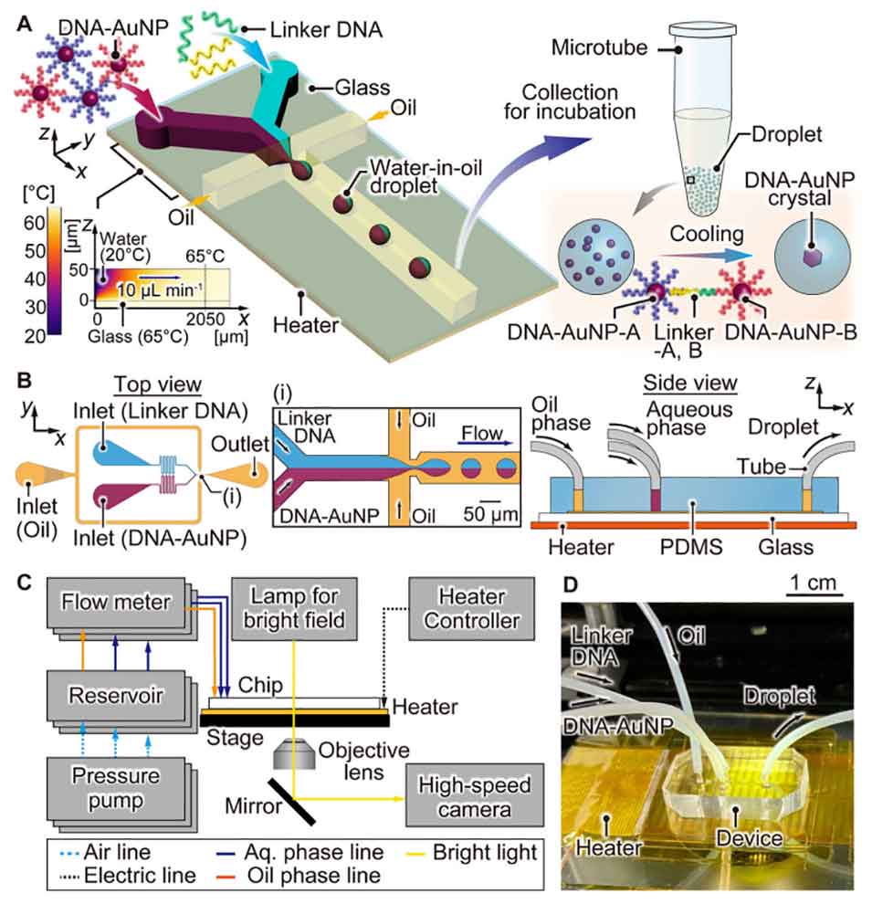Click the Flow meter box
[116, 603]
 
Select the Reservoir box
[116, 695]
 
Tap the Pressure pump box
[116, 788]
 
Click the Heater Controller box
[471, 609]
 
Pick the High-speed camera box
[474, 796]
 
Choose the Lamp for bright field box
[294, 609]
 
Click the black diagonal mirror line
[291, 802]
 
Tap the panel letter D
[570, 584]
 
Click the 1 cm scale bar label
[814, 583]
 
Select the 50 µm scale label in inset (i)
[490, 514]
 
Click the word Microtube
[599, 47]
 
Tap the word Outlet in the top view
[240, 444]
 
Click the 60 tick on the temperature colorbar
[35, 223]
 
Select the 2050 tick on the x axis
[205, 319]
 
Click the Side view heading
[690, 383]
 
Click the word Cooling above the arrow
[707, 234]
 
